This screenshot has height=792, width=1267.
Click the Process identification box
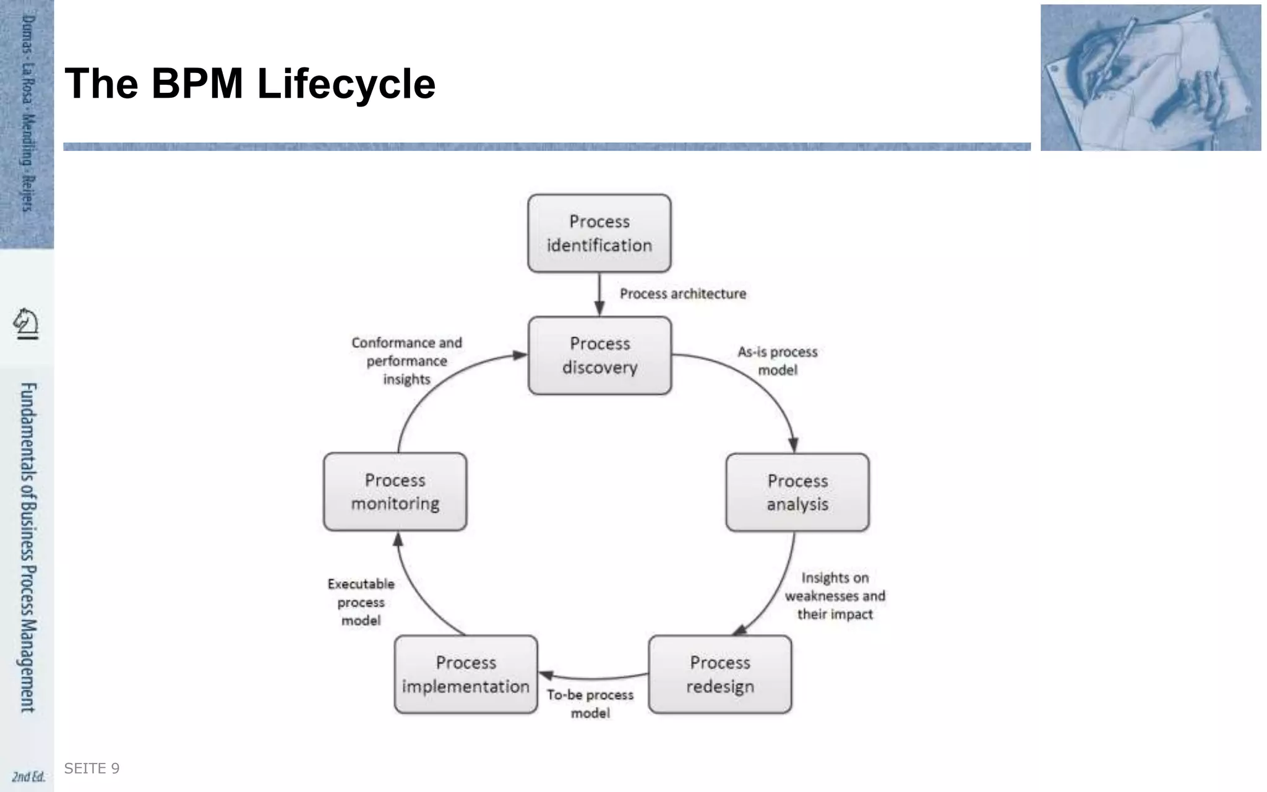coord(599,233)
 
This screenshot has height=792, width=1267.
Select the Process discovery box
coord(599,355)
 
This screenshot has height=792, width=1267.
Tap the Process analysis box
coord(797,492)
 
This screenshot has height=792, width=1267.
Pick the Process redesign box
coord(720,674)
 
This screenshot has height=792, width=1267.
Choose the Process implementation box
coord(466,674)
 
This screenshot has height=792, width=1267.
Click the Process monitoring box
coord(395,491)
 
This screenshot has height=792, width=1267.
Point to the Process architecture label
coord(683,294)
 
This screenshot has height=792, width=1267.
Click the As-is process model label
coord(778,361)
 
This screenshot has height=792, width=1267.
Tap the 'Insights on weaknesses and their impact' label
coord(835,596)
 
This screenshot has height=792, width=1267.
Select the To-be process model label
coord(590,704)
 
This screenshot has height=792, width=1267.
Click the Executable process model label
coord(361,601)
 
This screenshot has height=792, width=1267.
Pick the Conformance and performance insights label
coord(406,361)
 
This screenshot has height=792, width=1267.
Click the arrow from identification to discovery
coord(599,295)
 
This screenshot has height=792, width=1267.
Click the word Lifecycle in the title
coord(346,84)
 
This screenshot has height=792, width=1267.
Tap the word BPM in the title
coord(197,84)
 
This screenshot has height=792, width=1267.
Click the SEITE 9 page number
coord(92,768)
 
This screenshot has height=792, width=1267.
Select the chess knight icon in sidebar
coord(26,324)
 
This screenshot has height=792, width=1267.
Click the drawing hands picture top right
coord(1150,78)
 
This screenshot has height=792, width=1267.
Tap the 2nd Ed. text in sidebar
coord(28,777)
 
